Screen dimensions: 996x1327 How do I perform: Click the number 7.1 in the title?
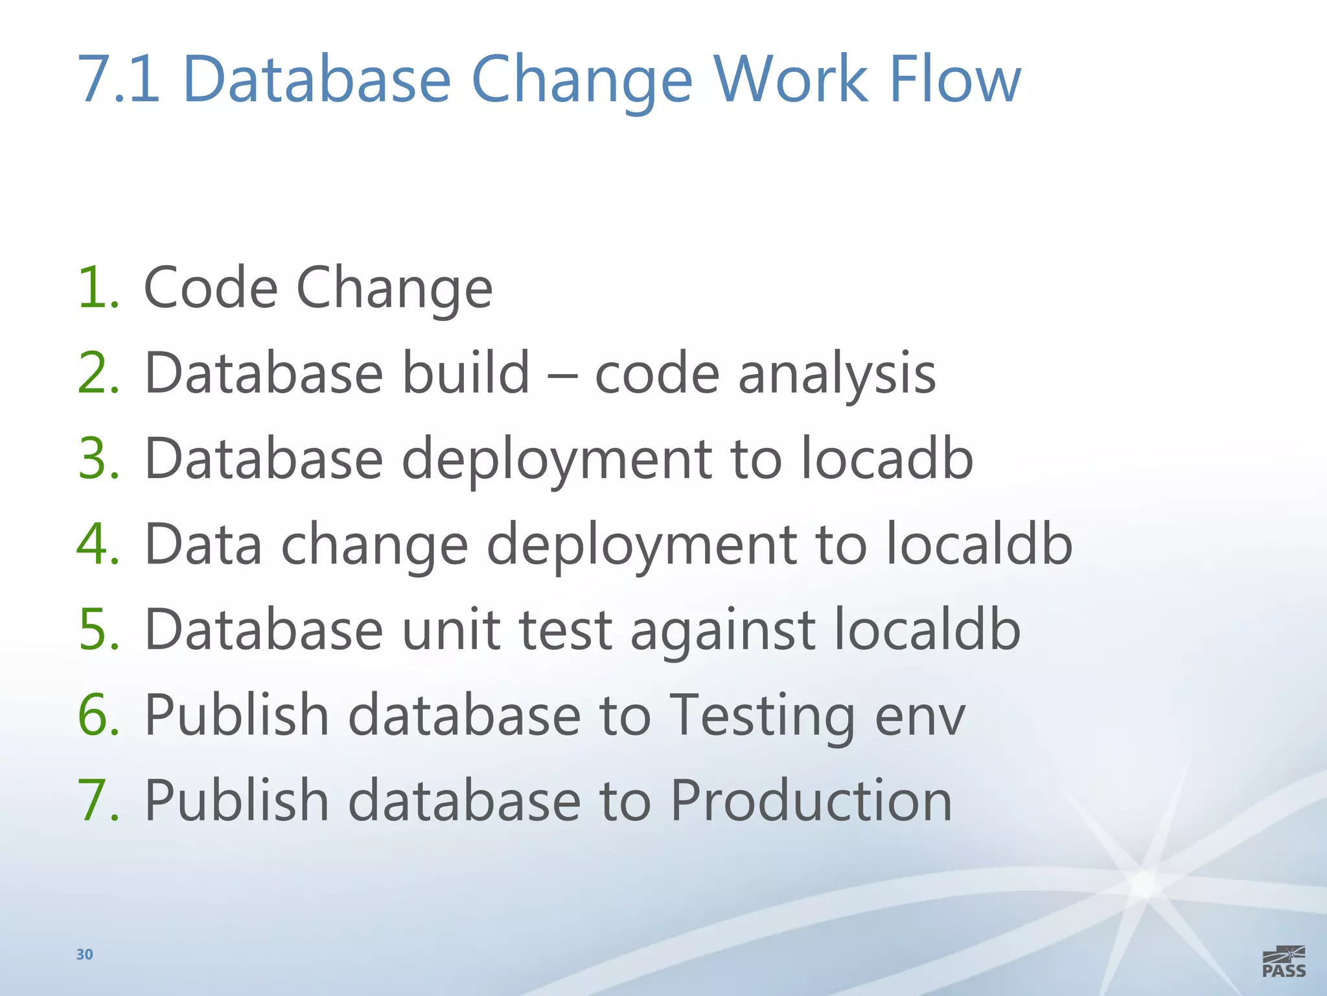pyautogui.click(x=119, y=80)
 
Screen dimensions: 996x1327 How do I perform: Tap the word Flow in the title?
pyautogui.click(x=955, y=80)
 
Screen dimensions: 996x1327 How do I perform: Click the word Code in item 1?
pyautogui.click(x=211, y=288)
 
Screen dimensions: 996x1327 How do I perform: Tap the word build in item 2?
pyautogui.click(x=465, y=373)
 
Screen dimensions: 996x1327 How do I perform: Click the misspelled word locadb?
pyautogui.click(x=887, y=458)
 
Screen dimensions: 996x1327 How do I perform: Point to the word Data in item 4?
pyautogui.click(x=203, y=545)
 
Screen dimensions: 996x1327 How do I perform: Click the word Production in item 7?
pyautogui.click(x=811, y=801)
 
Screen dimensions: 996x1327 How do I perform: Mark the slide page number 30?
pyautogui.click(x=85, y=954)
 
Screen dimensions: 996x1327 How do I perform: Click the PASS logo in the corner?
pyautogui.click(x=1284, y=962)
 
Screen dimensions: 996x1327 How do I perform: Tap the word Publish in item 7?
pyautogui.click(x=237, y=801)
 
